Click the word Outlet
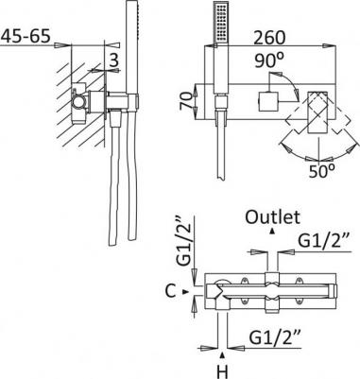pyautogui.click(x=272, y=216)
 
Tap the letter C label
pyautogui.click(x=170, y=292)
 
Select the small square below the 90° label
pyautogui.click(x=267, y=100)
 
